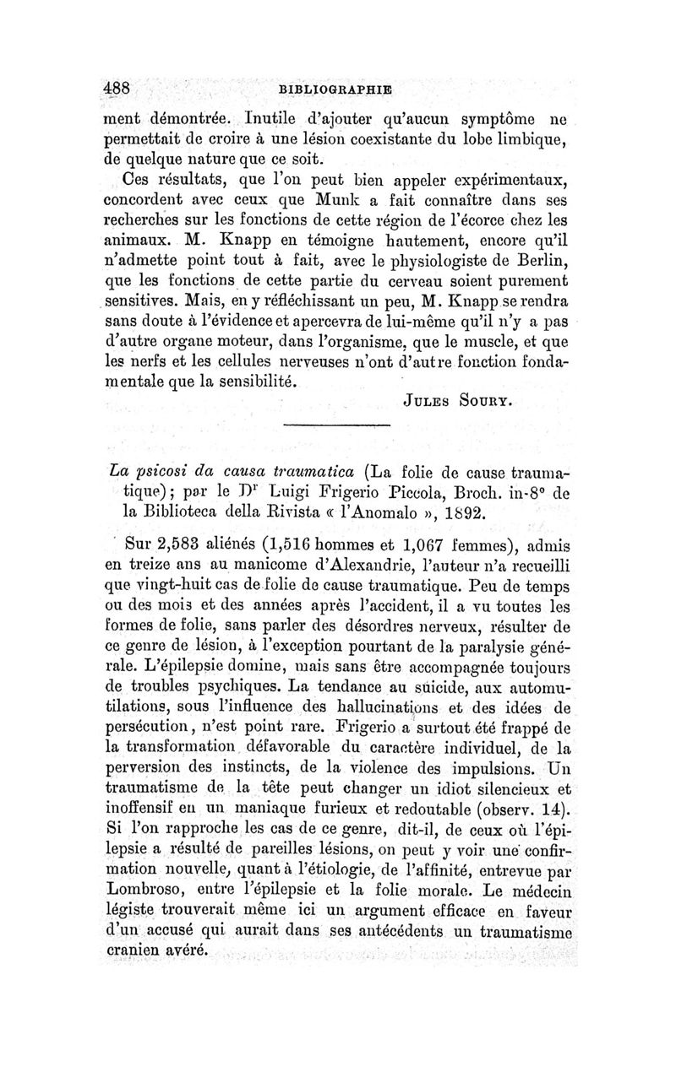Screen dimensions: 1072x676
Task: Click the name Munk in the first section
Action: point(290,203)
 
